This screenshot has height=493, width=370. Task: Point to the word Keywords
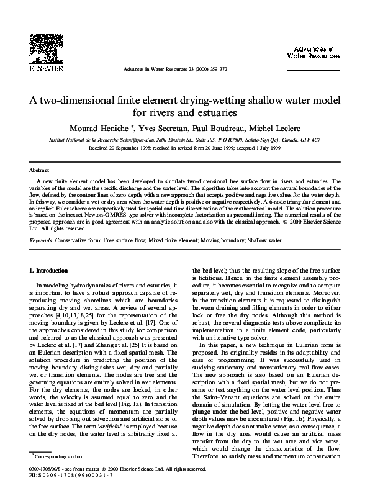click(42, 239)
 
